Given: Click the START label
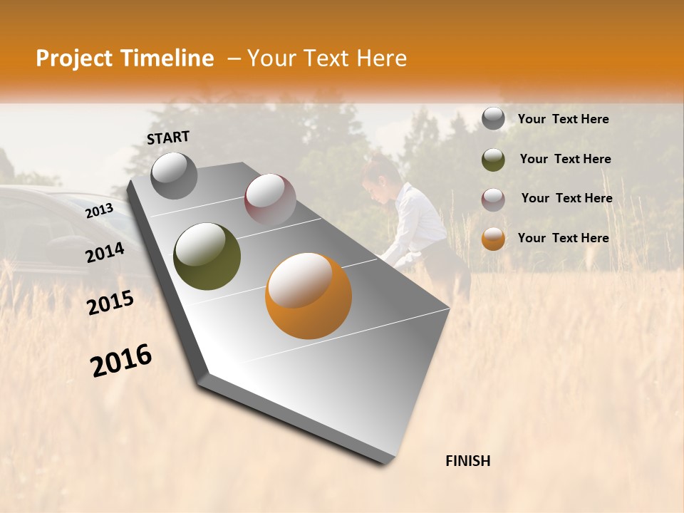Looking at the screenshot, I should coord(168,138).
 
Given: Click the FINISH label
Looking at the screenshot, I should coord(467,461).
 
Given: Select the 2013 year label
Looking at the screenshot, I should coord(100,211).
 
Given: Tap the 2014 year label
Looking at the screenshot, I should coord(105,253).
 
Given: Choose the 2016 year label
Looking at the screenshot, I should coord(121,361).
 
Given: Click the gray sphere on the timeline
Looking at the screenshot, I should coord(175,176).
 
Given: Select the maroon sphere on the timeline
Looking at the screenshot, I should coord(270,199).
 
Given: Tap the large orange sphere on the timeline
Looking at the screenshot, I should coord(309,296).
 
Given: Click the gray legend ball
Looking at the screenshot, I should coord(493,118).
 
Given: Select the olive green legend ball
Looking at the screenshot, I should coord(493,159).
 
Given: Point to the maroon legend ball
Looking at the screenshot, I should coord(493,199).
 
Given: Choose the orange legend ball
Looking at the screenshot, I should coord(493,239).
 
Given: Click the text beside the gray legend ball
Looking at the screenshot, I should coord(563,120).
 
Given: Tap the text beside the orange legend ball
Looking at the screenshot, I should coord(563,238).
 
